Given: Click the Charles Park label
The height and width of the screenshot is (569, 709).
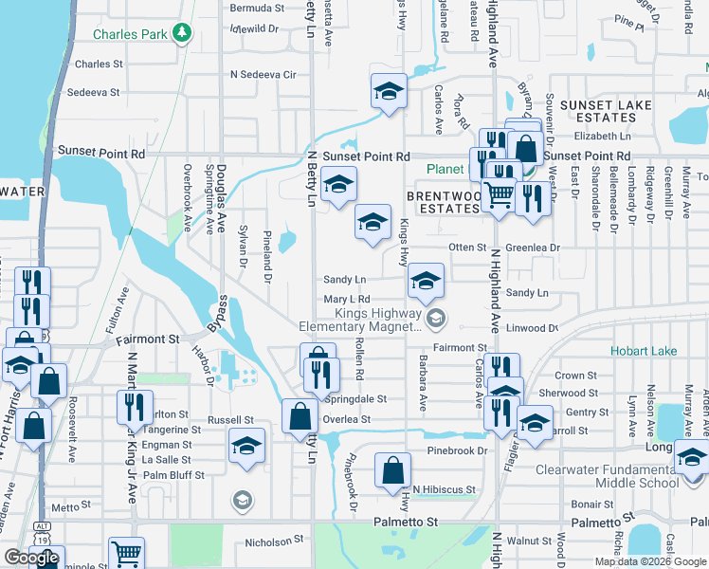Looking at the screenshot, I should [x=130, y=35].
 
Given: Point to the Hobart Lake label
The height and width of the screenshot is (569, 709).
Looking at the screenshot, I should [x=645, y=351].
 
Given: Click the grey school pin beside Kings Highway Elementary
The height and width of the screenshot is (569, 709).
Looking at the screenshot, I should [x=435, y=318].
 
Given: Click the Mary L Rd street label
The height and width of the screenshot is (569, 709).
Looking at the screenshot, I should [x=346, y=300].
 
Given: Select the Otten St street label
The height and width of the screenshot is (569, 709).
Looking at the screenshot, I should [x=466, y=248].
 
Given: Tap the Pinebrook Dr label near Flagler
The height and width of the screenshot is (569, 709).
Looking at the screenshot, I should [x=456, y=450].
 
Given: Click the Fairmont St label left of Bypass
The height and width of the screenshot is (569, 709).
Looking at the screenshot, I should [x=147, y=339].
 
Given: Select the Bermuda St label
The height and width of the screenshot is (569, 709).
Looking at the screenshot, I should [x=257, y=8].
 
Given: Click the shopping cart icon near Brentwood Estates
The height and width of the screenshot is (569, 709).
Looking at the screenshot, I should [x=499, y=195].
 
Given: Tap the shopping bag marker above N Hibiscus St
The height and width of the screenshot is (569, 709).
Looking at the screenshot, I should [x=392, y=469].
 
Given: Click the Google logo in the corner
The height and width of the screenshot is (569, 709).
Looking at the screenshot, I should [x=31, y=559].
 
